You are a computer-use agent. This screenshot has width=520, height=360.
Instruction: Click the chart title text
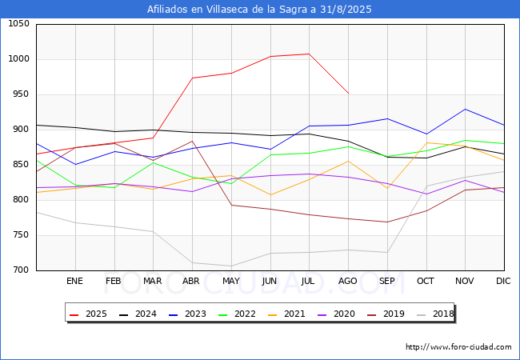[x=259, y=10]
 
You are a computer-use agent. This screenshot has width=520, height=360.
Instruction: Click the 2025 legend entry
[x=90, y=314]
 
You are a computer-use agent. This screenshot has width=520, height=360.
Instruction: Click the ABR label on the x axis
[x=192, y=282]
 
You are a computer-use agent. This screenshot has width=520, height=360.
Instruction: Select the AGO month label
[x=348, y=282]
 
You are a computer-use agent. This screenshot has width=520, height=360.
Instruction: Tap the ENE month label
[x=74, y=282]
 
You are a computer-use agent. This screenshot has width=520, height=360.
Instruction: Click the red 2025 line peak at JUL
[x=309, y=54]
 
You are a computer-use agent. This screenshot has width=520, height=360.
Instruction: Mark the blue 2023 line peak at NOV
[x=465, y=109]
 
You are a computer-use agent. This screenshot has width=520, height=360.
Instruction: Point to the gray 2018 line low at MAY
[x=231, y=266]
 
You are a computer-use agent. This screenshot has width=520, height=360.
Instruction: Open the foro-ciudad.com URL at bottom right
[x=458, y=347]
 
